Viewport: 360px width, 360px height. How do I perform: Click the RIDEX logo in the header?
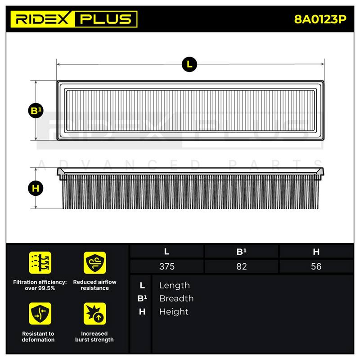42,19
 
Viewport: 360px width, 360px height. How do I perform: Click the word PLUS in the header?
106,19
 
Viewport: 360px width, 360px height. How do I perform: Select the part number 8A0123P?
320,19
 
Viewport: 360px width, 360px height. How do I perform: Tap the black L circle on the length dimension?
189,64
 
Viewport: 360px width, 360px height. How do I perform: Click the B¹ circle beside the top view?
36,111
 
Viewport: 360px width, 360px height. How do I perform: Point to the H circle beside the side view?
36,188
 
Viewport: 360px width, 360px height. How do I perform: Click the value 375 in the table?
167,266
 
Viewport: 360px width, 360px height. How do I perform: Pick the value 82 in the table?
242,266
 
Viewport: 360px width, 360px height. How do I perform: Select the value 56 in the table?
316,266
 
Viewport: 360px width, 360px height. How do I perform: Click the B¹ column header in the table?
242,252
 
